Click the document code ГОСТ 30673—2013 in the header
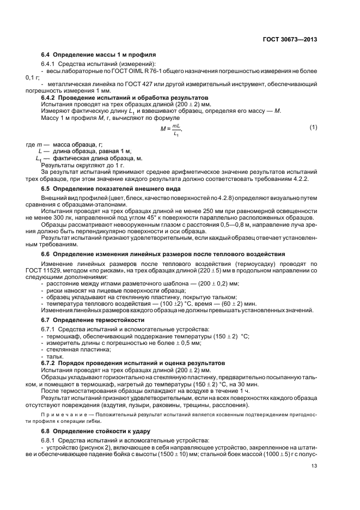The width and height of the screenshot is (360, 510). point(290,39)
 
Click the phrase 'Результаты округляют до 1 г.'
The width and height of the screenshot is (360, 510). point(83,164)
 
